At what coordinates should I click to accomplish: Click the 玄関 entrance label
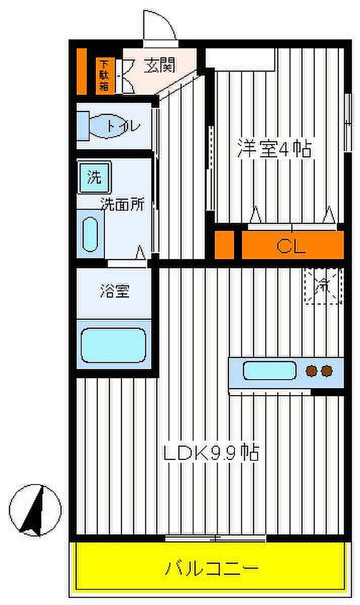pyautogui.click(x=159, y=65)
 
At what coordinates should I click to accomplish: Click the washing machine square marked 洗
pyautogui.click(x=94, y=177)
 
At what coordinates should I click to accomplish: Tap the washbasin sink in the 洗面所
pyautogui.click(x=91, y=235)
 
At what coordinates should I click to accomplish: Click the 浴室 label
pyautogui.click(x=115, y=291)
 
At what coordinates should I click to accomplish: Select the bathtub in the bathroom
pyautogui.click(x=113, y=345)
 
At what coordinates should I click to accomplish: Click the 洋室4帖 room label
pyautogui.click(x=274, y=149)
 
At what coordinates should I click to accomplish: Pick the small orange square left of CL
pyautogui.click(x=225, y=245)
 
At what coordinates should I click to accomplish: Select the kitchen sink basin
pyautogui.click(x=269, y=370)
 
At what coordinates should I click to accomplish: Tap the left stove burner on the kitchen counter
pyautogui.click(x=311, y=371)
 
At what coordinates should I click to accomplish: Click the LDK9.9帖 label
pyautogui.click(x=211, y=452)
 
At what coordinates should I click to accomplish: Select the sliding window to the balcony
pyautogui.click(x=215, y=538)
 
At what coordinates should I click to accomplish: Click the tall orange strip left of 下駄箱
pyautogui.click(x=81, y=72)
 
